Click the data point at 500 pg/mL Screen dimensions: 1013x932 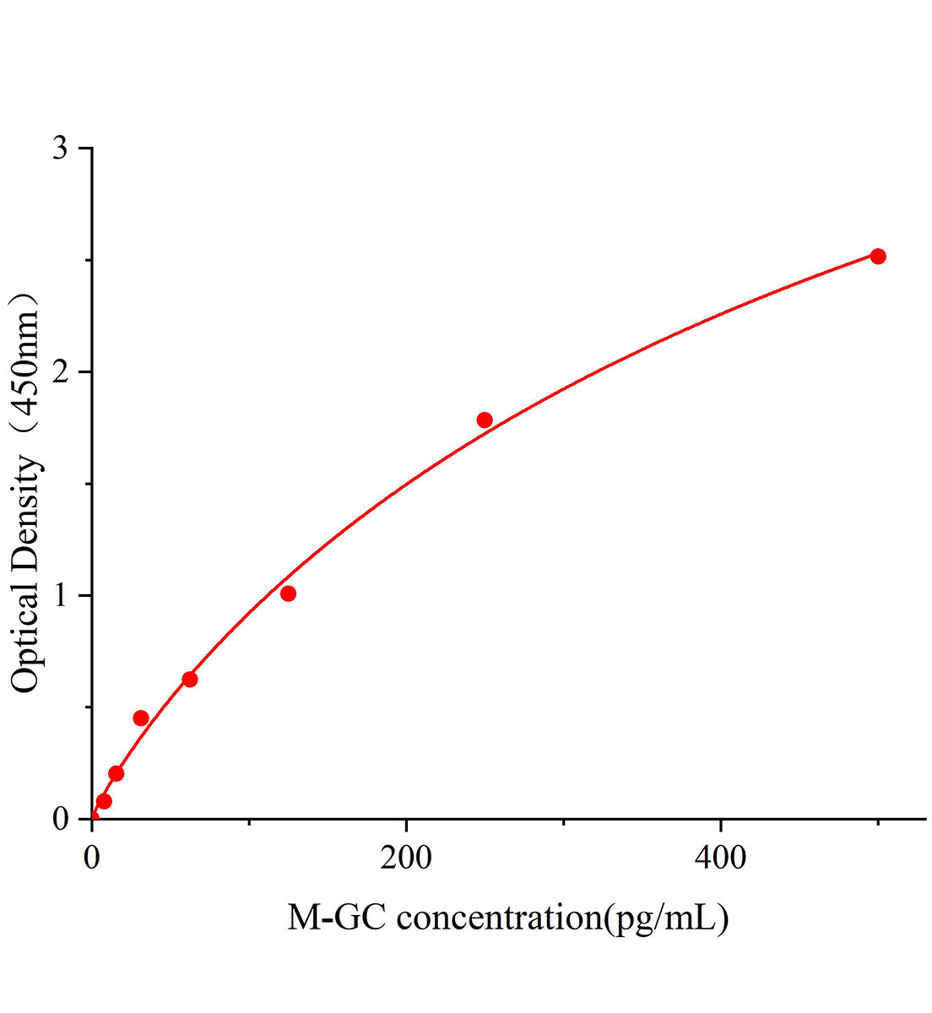878,257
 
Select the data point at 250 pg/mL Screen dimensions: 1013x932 485,420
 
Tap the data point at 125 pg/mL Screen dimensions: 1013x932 288,593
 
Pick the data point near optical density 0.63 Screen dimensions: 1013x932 190,680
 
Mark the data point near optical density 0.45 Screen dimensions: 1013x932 141,718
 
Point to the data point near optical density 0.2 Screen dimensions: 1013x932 116,773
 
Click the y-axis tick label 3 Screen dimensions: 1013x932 60,149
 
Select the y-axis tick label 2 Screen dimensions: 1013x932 60,372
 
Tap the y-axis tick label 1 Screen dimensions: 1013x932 60,596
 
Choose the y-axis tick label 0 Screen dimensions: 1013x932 60,819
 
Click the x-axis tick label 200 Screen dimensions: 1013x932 406,859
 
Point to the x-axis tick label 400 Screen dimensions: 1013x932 721,859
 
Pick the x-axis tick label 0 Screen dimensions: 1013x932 92,859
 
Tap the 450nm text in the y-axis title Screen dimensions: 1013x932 25,371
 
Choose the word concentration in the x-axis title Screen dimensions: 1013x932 497,917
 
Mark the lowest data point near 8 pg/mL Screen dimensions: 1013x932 104,801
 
